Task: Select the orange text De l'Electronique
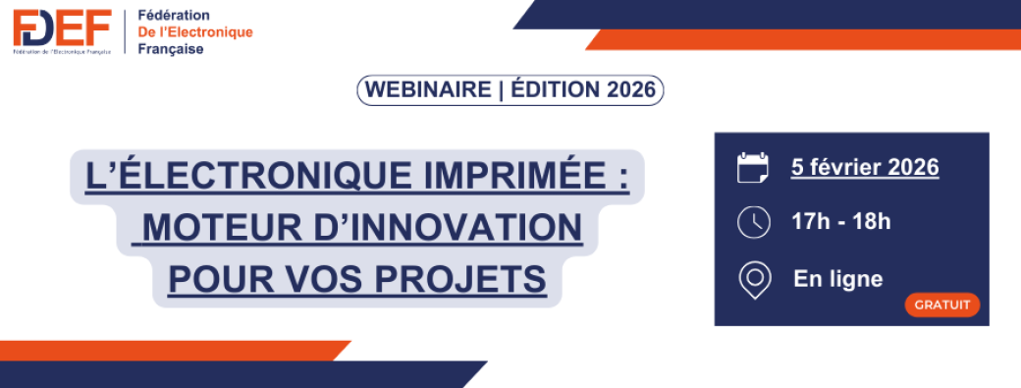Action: coord(195,32)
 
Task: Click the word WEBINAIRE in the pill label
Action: coord(427,90)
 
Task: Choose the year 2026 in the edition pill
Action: coord(630,90)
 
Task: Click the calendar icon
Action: coord(753,168)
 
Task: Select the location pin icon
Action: coord(753,280)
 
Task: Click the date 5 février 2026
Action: coord(865,167)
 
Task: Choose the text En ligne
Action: coord(837,279)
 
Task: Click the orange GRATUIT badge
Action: coord(941,305)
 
